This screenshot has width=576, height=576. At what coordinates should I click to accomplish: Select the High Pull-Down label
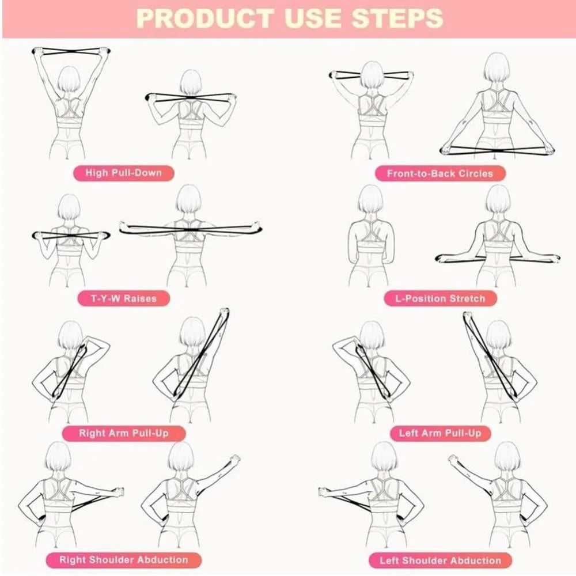[x=123, y=172]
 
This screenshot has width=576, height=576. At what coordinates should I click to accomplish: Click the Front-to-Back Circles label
[x=440, y=173]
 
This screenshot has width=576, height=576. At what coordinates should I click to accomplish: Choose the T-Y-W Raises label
[x=124, y=298]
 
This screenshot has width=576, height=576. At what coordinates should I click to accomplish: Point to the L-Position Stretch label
[x=440, y=298]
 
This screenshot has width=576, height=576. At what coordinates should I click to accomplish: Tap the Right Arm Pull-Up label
[x=124, y=433]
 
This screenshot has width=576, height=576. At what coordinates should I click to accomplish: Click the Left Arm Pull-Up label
[x=440, y=433]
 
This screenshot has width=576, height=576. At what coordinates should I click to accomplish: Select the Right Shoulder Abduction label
[x=123, y=559]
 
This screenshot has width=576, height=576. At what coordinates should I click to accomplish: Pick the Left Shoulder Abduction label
[x=440, y=559]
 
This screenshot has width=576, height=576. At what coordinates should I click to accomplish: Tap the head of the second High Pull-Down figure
[x=190, y=82]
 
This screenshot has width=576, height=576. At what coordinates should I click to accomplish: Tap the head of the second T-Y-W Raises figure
[x=188, y=199]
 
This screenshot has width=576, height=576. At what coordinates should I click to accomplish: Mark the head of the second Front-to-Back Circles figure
[x=496, y=68]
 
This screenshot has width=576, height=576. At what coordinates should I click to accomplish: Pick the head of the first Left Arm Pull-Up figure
[x=372, y=335]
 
